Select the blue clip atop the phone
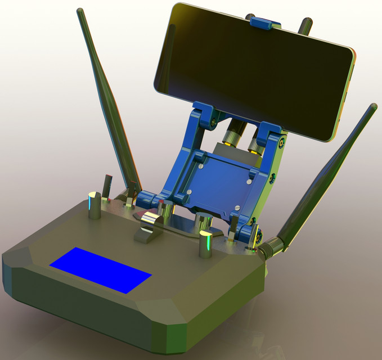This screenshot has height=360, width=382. point(266,22)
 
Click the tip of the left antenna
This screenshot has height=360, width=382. point(80,11)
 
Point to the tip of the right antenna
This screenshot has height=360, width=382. point(372,106)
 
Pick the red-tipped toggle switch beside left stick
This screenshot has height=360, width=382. point(107,185)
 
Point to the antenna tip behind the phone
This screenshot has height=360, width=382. point(305,24)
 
